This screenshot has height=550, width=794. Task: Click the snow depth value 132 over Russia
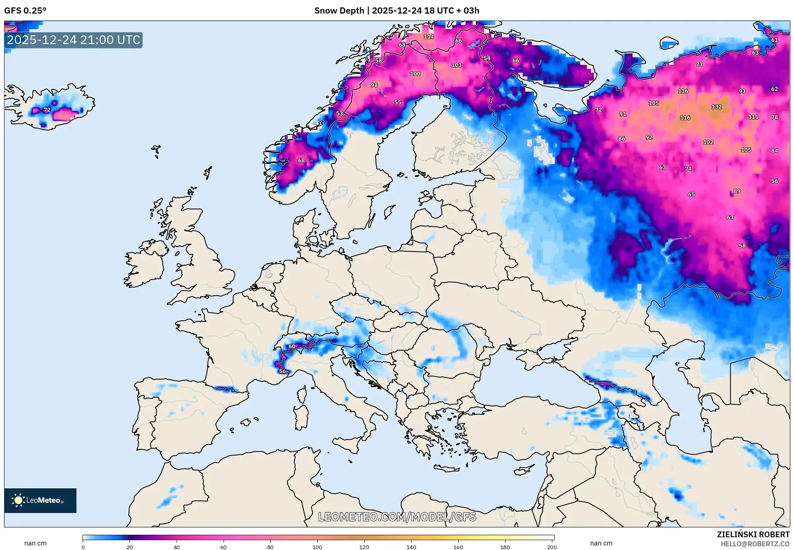coord(716,107)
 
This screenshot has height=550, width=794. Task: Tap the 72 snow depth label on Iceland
coord(47,110)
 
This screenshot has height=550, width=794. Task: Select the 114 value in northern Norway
coord(429,37)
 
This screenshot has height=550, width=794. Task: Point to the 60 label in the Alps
coord(292,347)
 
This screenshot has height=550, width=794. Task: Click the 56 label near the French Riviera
coord(283,371)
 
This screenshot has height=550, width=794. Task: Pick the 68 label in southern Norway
coord(301,161)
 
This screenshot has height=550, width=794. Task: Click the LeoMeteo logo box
coord(40,500)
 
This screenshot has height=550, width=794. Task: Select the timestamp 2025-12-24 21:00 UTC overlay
coord(74,40)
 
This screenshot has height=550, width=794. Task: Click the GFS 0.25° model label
coord(25,11)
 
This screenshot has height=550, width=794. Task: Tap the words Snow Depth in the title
coord(339,11)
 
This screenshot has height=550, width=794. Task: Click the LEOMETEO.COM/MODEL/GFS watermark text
coord(397,517)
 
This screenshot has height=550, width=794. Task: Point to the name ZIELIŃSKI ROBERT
coord(753,534)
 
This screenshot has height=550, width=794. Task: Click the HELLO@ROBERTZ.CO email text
coord(755,544)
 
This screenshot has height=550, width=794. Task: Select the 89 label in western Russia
coord(737,191)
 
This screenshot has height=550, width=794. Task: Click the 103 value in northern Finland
coord(456,65)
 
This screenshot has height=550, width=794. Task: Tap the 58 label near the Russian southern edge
coord(742,246)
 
